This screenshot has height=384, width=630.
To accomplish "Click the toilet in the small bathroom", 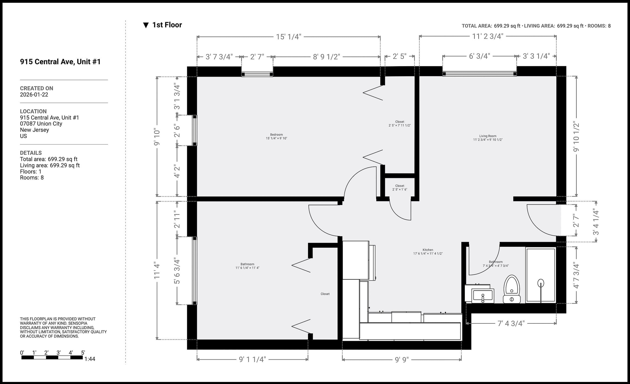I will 512,289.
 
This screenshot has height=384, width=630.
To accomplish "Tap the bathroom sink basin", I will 482,296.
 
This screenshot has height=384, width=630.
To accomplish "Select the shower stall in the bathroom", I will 541,275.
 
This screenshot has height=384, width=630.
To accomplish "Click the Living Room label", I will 487,138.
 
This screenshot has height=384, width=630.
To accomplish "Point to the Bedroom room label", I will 276,136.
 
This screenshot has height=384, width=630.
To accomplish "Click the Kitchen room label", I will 428,252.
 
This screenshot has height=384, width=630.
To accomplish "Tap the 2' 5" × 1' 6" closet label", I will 400,188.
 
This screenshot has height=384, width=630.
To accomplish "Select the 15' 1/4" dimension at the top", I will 288,37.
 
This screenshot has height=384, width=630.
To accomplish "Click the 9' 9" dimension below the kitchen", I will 402,360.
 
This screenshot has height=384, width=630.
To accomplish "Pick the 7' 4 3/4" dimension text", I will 511,323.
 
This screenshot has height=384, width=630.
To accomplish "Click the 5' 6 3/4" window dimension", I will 177,271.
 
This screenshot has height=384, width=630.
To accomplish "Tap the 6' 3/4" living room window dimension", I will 479,56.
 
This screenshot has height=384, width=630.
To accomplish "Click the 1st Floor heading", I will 167,25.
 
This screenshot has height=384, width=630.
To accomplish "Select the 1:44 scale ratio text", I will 90,359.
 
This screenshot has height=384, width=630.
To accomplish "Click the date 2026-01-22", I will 34,95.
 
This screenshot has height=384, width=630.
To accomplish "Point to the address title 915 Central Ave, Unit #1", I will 60,62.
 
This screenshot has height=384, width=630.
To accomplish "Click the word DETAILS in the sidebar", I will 31,153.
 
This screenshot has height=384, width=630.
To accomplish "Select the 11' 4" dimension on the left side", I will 157,270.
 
